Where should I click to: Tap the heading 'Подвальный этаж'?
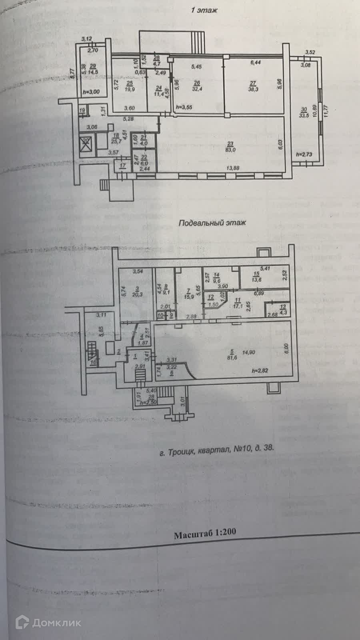[212, 223]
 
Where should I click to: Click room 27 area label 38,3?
[253, 90]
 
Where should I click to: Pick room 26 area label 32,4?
[197, 89]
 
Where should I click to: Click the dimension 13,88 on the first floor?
[233, 168]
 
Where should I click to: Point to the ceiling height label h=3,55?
[184, 107]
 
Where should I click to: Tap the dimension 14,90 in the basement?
[249, 352]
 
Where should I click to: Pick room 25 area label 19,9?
[129, 89]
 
